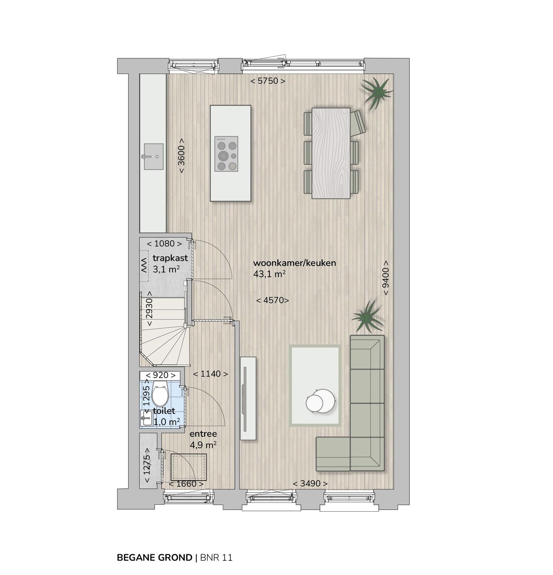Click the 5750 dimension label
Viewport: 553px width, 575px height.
tap(268, 81)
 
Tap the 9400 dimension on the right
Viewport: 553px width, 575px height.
tap(386, 278)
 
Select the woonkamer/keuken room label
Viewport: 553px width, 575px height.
tap(295, 263)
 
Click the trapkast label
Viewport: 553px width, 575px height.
tap(170, 258)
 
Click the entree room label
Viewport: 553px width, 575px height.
tap(203, 434)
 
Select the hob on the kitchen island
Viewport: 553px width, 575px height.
tap(226, 154)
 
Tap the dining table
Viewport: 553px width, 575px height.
tap(331, 153)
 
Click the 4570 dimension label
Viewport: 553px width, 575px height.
tap(272, 300)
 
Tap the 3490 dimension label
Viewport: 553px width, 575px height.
tap(310, 484)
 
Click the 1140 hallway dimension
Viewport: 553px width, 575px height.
tap(210, 374)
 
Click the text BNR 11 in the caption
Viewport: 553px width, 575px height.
tap(216, 557)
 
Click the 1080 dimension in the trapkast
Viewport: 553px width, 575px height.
tap(165, 243)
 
